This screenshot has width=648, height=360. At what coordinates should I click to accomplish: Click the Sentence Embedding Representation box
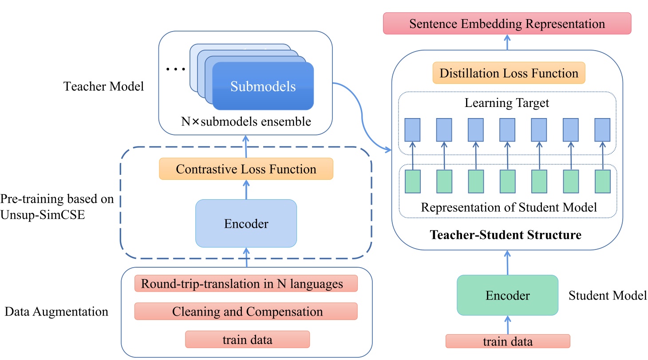tap(507, 24)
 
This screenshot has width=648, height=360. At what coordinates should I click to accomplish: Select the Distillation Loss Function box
tap(509, 73)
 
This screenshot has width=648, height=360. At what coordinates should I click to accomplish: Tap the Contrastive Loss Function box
tap(246, 169)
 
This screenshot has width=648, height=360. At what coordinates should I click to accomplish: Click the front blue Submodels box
tap(263, 86)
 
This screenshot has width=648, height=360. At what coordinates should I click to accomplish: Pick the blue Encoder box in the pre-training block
tap(246, 223)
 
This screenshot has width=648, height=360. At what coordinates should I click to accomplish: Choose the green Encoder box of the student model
tap(507, 295)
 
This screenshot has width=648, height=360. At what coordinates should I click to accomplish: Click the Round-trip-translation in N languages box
tap(246, 284)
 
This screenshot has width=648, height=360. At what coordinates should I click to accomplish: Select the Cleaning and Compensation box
tap(246, 312)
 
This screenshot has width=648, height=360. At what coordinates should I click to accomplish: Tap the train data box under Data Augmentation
tap(247, 340)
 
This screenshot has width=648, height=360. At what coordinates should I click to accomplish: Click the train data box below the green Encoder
tap(508, 341)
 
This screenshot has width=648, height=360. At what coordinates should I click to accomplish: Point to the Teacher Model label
tap(104, 87)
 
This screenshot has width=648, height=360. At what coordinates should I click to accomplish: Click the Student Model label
tap(607, 295)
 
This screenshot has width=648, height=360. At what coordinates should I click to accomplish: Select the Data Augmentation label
tap(56, 312)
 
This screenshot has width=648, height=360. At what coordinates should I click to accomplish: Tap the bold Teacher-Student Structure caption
tap(505, 234)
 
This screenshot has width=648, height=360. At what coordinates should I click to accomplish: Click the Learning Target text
tap(507, 103)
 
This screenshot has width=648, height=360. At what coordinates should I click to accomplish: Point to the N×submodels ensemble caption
tap(245, 121)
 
